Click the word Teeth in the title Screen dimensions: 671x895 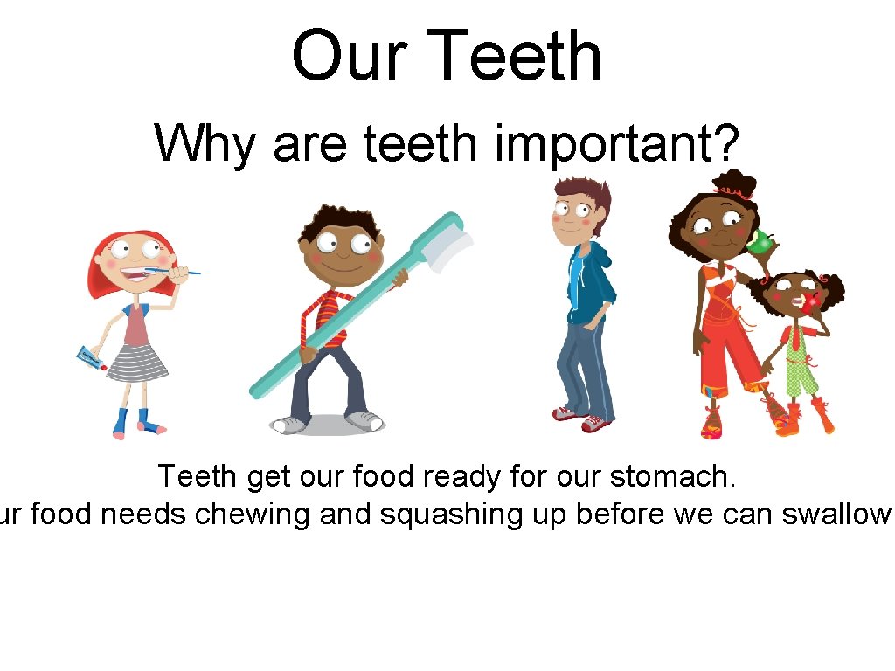517,56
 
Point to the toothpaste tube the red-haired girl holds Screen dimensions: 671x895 91,357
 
